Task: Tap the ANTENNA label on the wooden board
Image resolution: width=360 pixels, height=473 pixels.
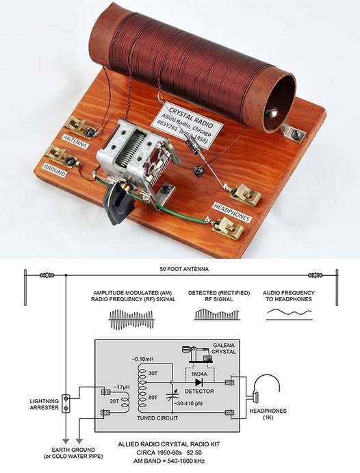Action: point(75,142)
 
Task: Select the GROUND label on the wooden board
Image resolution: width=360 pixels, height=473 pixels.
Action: point(55,170)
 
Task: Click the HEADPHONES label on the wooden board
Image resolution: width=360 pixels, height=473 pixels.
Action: point(231,212)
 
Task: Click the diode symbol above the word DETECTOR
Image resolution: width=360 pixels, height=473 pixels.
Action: point(198,383)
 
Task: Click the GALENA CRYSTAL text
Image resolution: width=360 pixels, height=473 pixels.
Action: point(224,348)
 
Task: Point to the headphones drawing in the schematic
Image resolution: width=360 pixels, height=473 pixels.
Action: point(266,389)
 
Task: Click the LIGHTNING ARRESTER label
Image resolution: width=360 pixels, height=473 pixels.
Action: point(44,405)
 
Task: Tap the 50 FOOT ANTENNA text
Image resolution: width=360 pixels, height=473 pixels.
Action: point(184,269)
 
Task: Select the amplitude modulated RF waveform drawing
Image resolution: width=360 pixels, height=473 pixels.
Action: point(132,320)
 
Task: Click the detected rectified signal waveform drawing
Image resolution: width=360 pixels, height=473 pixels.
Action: point(217,314)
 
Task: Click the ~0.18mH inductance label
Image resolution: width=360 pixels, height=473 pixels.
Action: point(142,359)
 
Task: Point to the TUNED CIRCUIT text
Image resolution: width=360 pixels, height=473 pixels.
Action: point(157,418)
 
